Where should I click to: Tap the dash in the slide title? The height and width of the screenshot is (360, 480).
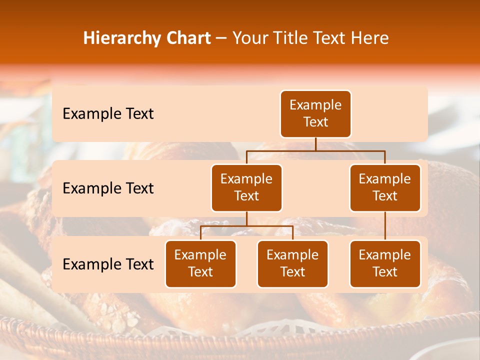[x=221, y=38]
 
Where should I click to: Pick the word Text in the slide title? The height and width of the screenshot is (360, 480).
[x=330, y=38]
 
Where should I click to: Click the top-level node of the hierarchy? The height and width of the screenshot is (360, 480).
[x=315, y=113]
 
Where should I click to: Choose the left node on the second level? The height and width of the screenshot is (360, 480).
[x=246, y=187]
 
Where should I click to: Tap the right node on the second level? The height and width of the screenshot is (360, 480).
[x=385, y=187]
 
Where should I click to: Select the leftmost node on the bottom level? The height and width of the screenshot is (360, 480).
[x=200, y=263]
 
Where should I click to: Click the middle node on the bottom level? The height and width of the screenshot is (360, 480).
[x=292, y=263]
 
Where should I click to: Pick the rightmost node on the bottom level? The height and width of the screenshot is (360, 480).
[x=385, y=263]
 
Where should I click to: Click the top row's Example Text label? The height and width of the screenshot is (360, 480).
[x=108, y=114]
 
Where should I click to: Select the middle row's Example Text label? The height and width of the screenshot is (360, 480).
[x=108, y=188]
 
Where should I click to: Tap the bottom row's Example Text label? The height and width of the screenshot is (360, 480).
[x=108, y=264]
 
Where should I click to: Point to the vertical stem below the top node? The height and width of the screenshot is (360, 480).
[x=315, y=144]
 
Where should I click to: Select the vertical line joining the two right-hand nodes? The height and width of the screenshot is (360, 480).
[x=385, y=226]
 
